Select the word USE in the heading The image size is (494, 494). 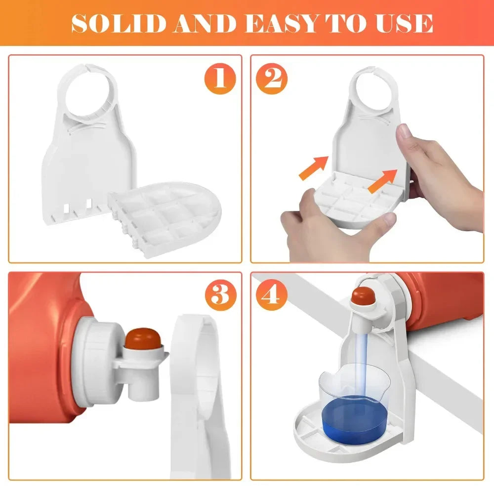tap(402, 23)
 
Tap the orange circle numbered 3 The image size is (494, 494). tap(220, 295)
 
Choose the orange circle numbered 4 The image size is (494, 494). tap(272, 295)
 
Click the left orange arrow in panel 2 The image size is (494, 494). tap(313, 166)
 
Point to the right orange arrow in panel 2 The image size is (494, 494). tap(382, 180)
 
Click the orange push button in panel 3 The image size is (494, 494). tap(139, 339)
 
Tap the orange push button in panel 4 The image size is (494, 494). tap(361, 296)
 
